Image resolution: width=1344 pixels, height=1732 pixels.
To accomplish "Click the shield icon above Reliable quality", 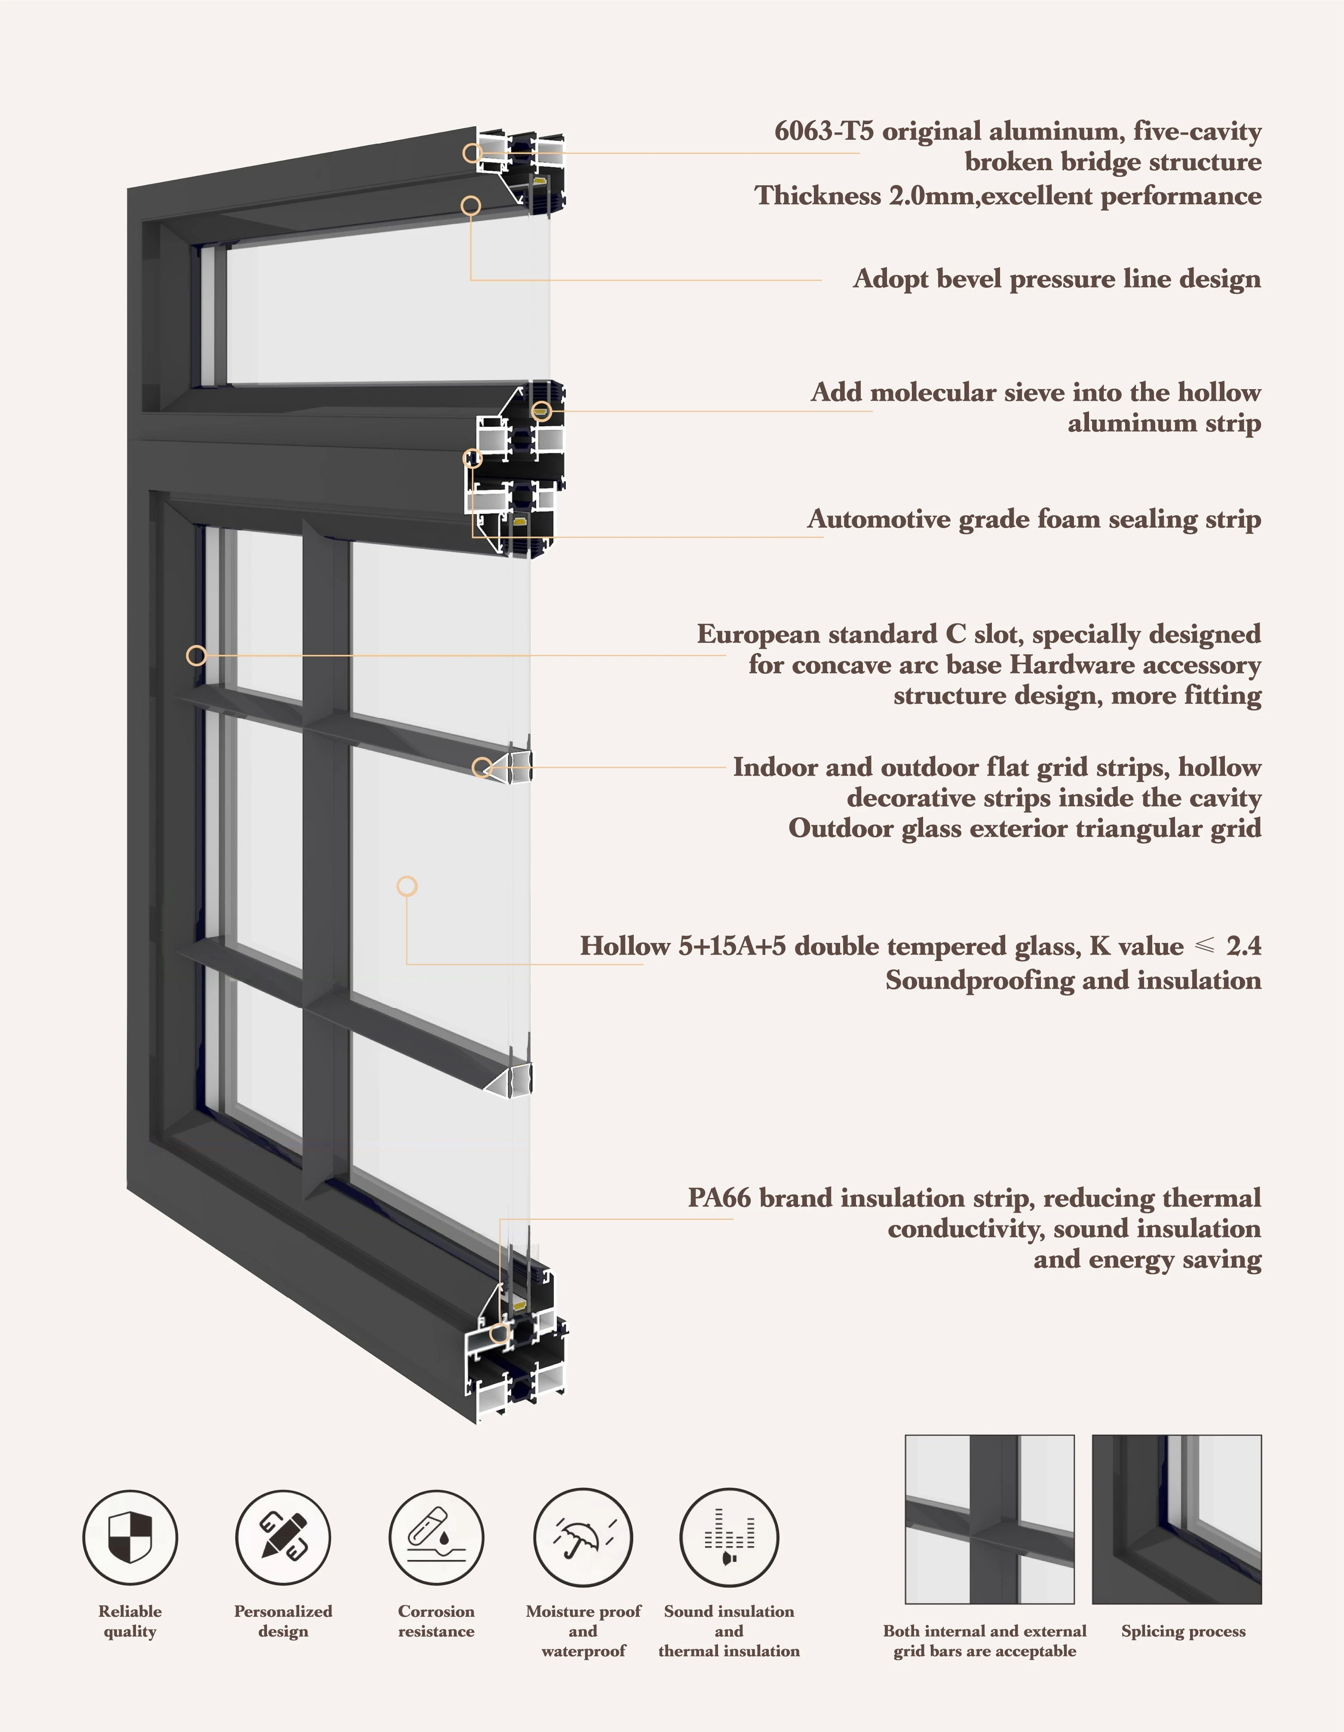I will (x=130, y=1537).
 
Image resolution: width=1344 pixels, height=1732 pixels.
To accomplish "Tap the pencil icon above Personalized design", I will (x=283, y=1537).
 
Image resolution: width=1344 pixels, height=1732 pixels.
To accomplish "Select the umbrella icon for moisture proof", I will (x=583, y=1537).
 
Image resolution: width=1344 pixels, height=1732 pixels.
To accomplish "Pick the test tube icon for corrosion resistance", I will (x=436, y=1537).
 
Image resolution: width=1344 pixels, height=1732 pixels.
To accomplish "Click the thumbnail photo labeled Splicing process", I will (x=1177, y=1519).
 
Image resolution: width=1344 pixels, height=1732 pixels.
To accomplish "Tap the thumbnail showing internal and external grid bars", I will (x=990, y=1519).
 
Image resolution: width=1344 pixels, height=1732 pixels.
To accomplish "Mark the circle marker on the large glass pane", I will (x=407, y=886).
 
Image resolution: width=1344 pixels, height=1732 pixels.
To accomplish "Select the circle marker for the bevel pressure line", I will (x=471, y=206).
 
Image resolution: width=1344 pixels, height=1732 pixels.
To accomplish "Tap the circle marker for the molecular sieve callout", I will (x=542, y=411).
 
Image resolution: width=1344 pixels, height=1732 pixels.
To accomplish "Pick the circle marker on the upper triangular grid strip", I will (x=482, y=767).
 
